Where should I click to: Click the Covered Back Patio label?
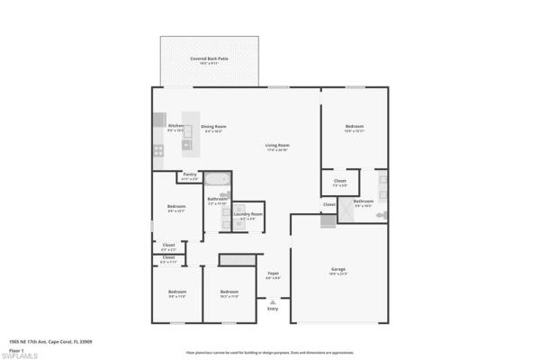(x=209, y=59)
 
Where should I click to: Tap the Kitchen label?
(x=176, y=126)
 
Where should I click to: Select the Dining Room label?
(x=213, y=127)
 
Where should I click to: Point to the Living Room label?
(x=276, y=146)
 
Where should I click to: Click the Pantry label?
(x=189, y=175)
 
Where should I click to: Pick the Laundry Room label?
(x=247, y=214)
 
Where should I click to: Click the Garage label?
(x=338, y=269)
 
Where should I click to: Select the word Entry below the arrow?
(x=273, y=309)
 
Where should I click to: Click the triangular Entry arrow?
(x=273, y=301)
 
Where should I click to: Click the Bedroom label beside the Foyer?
(x=229, y=292)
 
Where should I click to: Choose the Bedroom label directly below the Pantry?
(x=175, y=208)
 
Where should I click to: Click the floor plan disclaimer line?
(x=270, y=353)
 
